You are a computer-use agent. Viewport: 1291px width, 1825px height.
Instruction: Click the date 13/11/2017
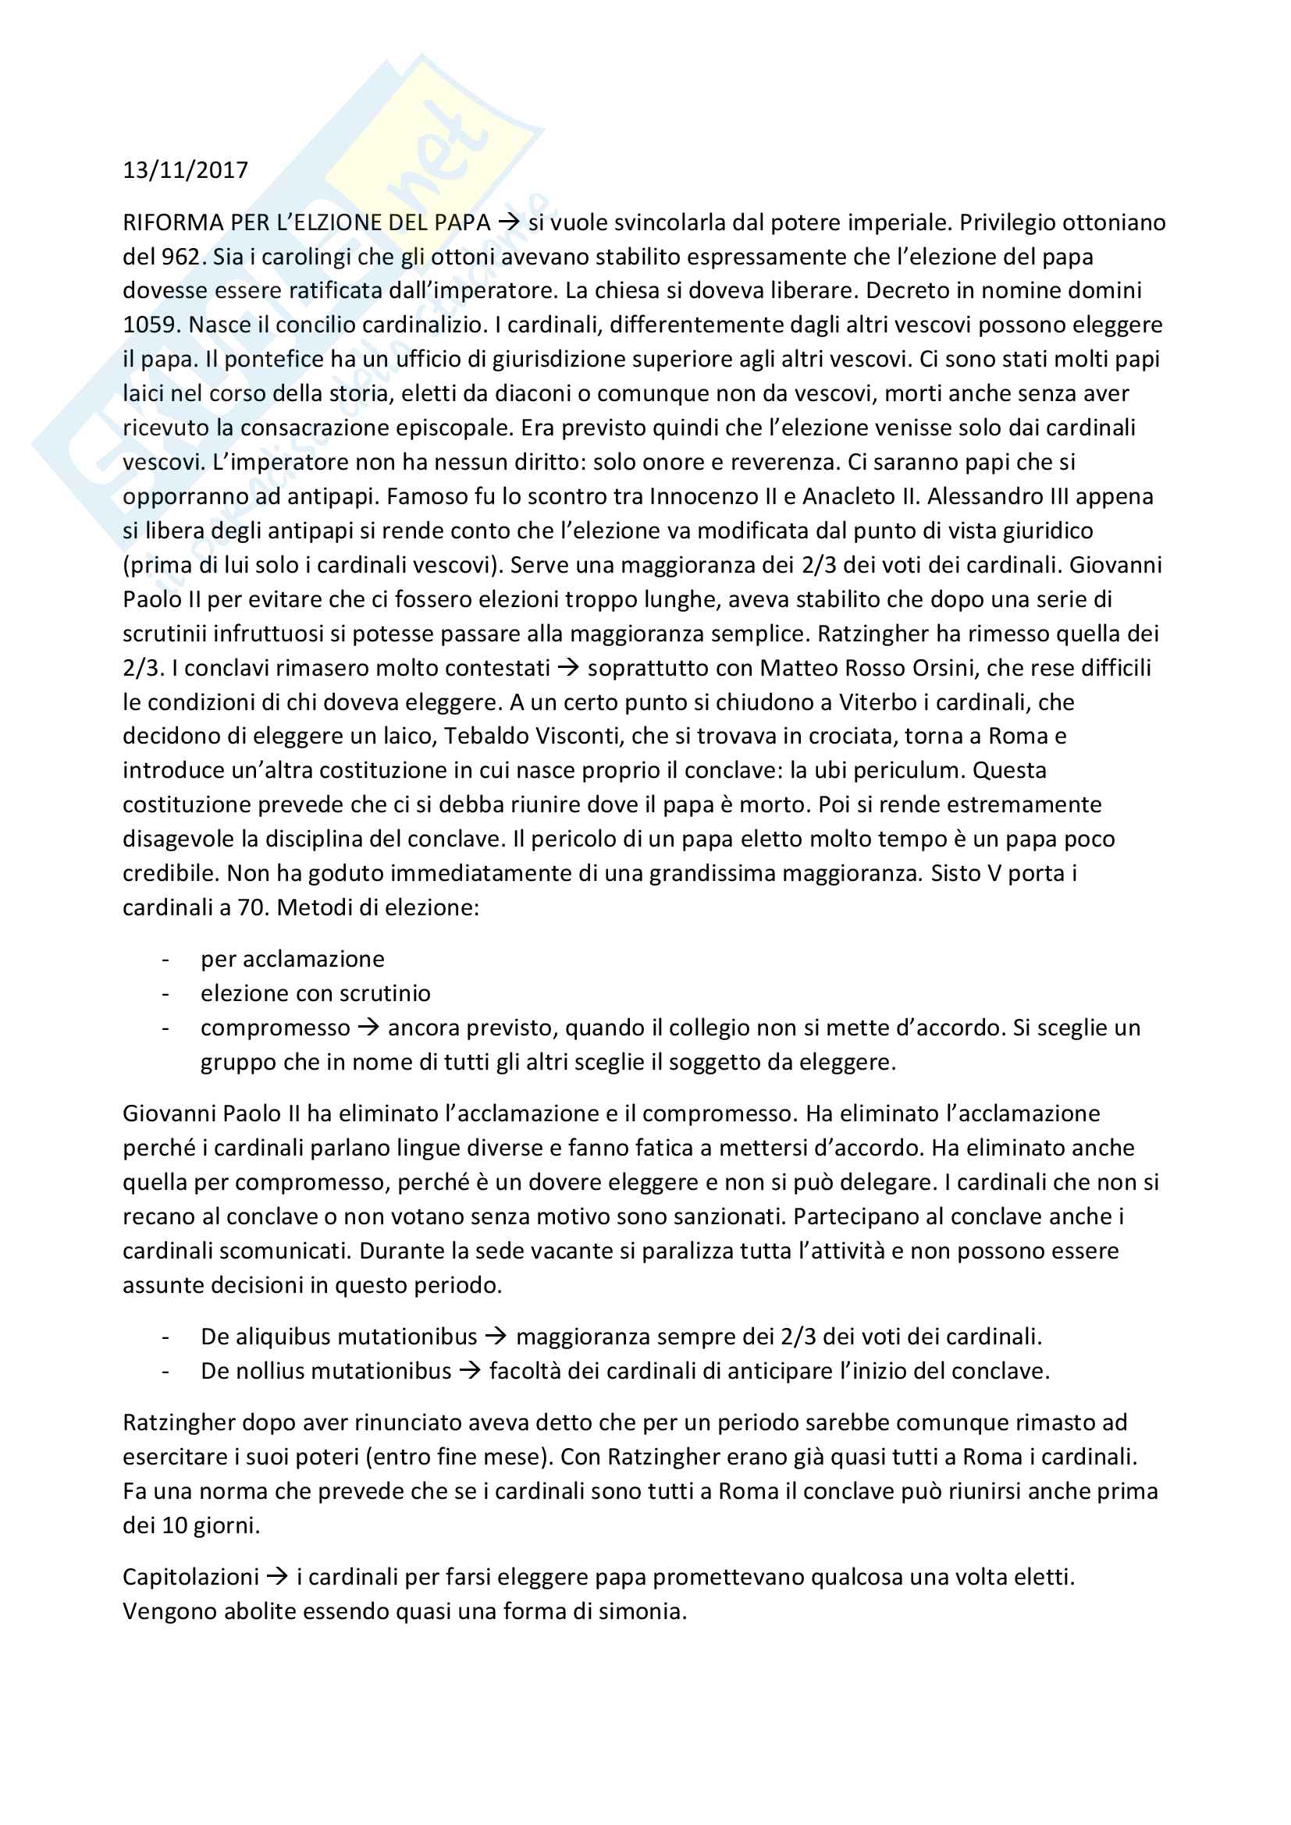coord(185,170)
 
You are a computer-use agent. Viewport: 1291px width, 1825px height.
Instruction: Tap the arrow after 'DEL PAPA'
coord(509,222)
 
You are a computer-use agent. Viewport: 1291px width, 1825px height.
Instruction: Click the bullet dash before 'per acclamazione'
coord(165,960)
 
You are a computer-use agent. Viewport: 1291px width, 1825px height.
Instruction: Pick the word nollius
coord(272,1371)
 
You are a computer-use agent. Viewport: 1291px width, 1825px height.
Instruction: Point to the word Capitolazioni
coord(190,1577)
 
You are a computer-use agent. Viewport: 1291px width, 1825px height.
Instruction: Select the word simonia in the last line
coord(638,1611)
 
